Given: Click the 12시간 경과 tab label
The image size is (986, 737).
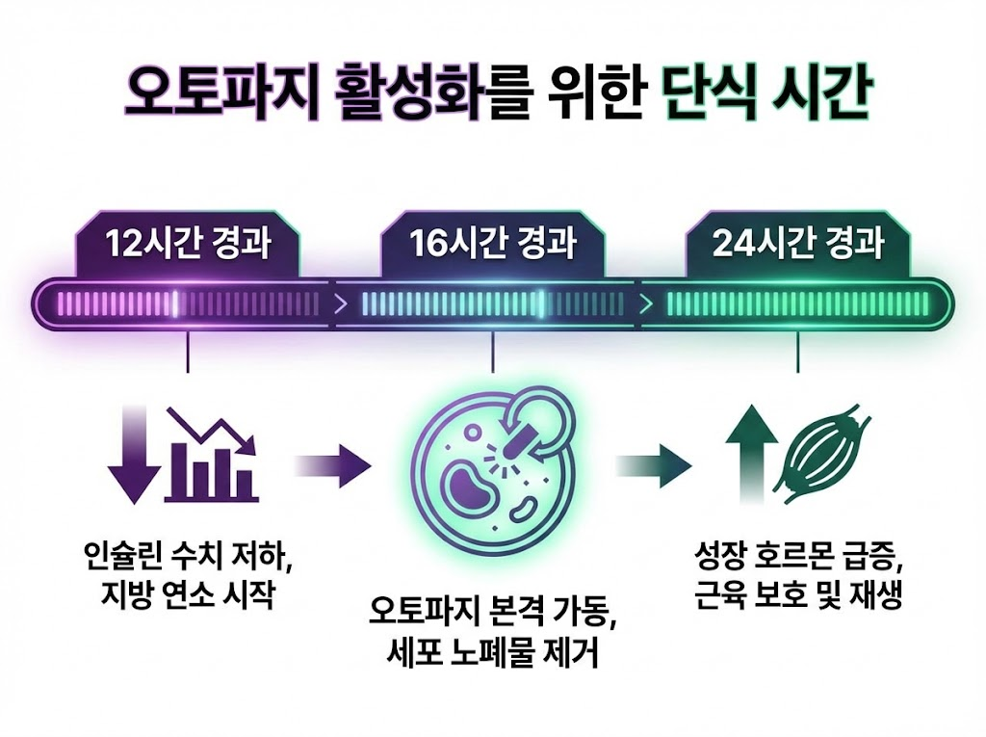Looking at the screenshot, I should coord(188,244).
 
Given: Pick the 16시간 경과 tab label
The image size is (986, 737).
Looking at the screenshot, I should coord(493,244).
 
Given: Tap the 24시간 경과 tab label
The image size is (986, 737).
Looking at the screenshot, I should coord(797,244).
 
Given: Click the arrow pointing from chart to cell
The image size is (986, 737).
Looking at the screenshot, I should coord(332,467).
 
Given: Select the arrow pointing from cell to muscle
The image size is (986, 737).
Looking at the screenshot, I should coord(655,467).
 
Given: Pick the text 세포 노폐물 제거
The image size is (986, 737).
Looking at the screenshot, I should coord(491,655).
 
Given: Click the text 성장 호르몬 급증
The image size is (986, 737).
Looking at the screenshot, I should coord(797,559).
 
